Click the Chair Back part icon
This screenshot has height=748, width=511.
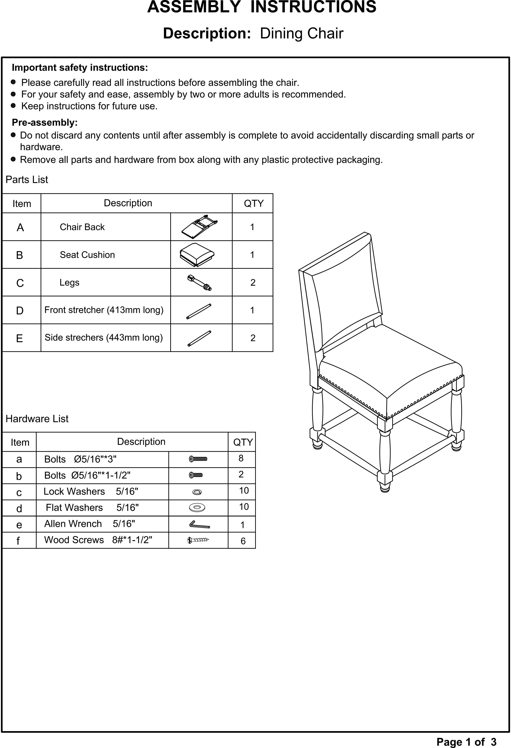[199, 227]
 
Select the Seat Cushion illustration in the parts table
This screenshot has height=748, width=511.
[197, 255]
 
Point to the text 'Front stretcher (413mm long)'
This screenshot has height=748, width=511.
[104, 310]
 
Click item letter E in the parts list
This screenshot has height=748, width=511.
[20, 338]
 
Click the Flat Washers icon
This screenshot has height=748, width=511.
[197, 507]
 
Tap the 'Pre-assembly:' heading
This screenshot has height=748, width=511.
[45, 123]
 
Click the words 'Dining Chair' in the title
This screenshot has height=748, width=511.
[301, 33]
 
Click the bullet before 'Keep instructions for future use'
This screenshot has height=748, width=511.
[13, 106]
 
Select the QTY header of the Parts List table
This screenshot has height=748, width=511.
[254, 203]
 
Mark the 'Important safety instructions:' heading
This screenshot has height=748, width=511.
[80, 67]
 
